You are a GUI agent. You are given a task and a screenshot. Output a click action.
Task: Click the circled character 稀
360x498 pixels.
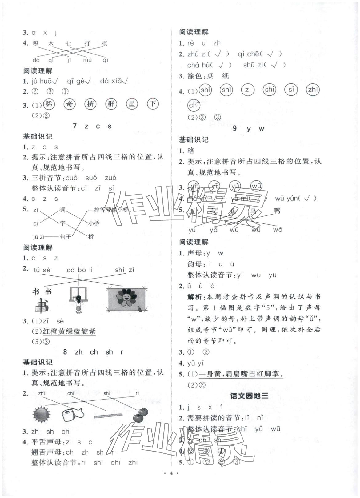(49, 104)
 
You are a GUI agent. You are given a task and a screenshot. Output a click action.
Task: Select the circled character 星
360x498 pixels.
(132, 104)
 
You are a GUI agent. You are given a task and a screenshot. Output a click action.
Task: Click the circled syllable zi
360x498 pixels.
(247, 90)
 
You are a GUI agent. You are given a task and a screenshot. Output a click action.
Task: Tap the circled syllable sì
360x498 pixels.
(291, 90)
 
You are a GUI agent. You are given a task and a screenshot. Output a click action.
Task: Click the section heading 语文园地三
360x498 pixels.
(249, 396)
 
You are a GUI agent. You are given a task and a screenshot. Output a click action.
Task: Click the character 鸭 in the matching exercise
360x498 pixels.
(277, 211)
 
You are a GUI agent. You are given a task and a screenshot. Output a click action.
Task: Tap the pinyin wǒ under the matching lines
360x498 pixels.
(278, 230)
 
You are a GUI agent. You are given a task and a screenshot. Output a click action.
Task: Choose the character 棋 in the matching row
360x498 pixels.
(105, 43)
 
